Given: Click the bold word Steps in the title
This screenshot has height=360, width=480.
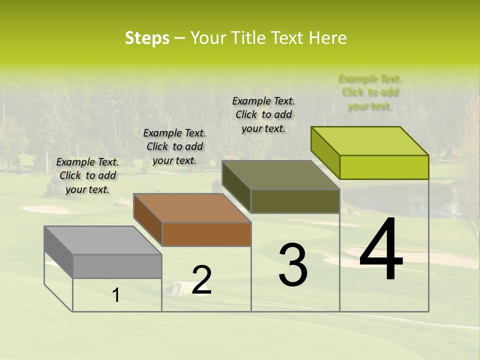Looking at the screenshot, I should [x=147, y=38].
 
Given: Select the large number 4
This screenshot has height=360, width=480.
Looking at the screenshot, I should [x=381, y=250].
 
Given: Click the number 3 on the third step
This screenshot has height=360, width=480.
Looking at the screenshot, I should [x=293, y=265].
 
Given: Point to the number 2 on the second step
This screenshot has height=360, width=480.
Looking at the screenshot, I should [x=201, y=280].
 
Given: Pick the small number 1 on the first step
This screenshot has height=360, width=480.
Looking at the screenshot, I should [x=116, y=295].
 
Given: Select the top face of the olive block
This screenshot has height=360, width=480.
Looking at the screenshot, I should [x=280, y=175].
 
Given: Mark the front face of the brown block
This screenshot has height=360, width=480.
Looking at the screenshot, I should [x=206, y=234].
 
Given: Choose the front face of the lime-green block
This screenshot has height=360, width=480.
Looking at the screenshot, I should [x=384, y=167].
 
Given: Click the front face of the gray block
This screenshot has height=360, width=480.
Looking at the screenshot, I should [x=117, y=266].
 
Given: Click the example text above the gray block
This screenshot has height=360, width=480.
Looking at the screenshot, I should [x=87, y=175].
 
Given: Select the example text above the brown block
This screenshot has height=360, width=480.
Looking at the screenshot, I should [x=174, y=146].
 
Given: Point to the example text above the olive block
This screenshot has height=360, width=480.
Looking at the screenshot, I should [x=263, y=114].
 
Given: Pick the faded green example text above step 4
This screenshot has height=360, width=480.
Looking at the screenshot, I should [x=369, y=92].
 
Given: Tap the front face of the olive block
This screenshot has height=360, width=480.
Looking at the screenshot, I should [x=295, y=201].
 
